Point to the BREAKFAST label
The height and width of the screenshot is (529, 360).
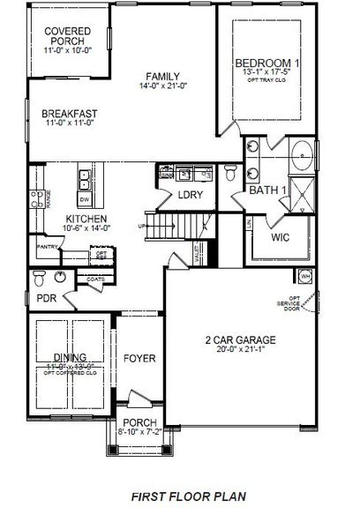70,114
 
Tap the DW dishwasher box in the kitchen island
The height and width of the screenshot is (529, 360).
85,199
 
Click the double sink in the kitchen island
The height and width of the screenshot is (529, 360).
86,180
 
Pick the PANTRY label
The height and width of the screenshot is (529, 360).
49,249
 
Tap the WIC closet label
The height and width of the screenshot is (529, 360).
281,237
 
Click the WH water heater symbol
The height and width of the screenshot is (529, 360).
305,274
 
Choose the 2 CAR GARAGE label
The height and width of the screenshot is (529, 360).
241,339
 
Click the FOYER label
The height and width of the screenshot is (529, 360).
139,359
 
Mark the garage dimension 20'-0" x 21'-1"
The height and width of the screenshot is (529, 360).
241,351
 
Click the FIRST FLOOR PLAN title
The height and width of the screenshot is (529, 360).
180,498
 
